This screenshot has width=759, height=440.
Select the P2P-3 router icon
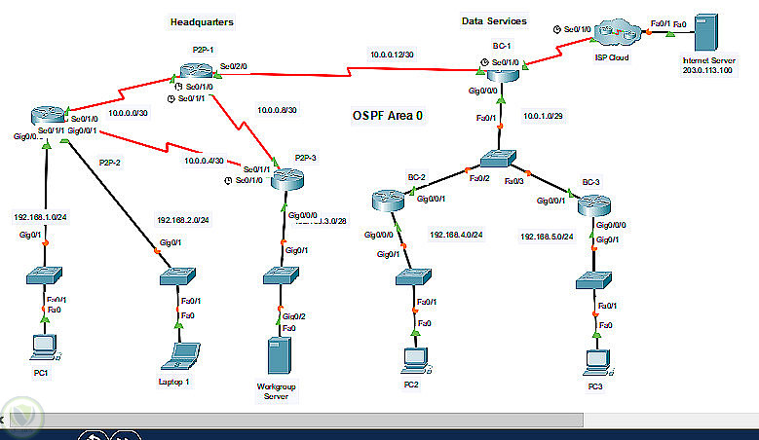(x=289, y=178)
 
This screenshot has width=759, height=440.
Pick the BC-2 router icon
(x=389, y=202)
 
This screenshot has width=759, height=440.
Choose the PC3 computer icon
(x=595, y=361)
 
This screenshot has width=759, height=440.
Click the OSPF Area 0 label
(x=388, y=115)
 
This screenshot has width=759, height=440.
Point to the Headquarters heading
(x=202, y=20)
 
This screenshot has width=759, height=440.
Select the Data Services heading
(x=494, y=20)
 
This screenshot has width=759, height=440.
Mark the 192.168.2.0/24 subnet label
(x=183, y=220)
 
